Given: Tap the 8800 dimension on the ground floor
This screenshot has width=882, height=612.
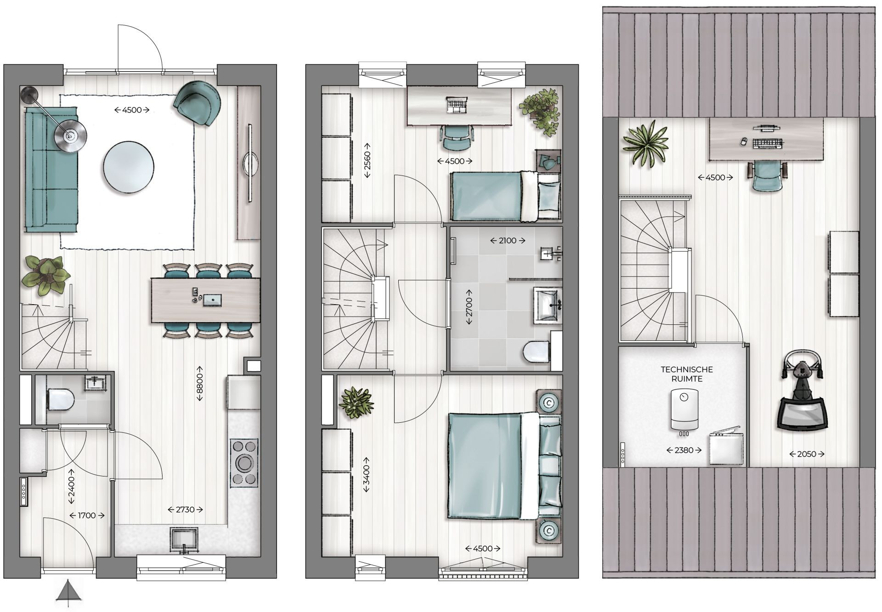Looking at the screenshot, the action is [x=200, y=384].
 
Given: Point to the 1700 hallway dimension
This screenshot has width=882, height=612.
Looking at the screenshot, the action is [x=87, y=516].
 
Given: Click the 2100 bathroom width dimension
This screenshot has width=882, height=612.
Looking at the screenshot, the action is [x=508, y=240].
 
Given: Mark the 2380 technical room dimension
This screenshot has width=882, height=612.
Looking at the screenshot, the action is [x=684, y=450].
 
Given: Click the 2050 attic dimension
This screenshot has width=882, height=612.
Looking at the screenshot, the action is [x=807, y=454].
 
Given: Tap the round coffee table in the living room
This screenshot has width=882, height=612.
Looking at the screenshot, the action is [x=129, y=167].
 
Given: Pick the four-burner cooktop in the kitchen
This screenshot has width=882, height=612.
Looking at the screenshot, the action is [x=244, y=463].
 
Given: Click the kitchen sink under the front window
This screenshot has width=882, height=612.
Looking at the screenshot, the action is [x=184, y=539].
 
